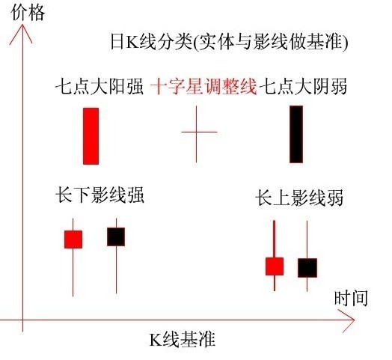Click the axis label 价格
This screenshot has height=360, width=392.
tap(28, 13)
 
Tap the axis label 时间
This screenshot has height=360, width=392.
tap(351, 298)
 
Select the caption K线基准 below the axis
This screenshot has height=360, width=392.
tap(183, 339)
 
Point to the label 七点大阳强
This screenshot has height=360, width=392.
tap(99, 86)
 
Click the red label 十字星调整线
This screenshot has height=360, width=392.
tap(203, 86)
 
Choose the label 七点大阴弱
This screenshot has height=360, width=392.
tap(303, 86)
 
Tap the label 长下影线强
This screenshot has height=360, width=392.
tap(99, 195)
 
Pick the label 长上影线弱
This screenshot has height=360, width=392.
tap(299, 198)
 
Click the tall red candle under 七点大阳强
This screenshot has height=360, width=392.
tap(91, 136)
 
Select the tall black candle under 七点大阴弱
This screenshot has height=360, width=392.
tap(296, 134)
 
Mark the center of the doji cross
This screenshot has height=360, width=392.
tap(197, 132)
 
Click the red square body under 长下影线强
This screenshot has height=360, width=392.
tap(73, 240)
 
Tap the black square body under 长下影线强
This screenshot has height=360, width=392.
tap(116, 237)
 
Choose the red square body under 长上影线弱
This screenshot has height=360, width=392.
tap(275, 266)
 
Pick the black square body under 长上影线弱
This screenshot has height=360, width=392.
tap(307, 268)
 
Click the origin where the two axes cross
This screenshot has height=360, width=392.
tap(22, 320)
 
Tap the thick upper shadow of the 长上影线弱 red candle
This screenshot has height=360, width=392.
tap(275, 239)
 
